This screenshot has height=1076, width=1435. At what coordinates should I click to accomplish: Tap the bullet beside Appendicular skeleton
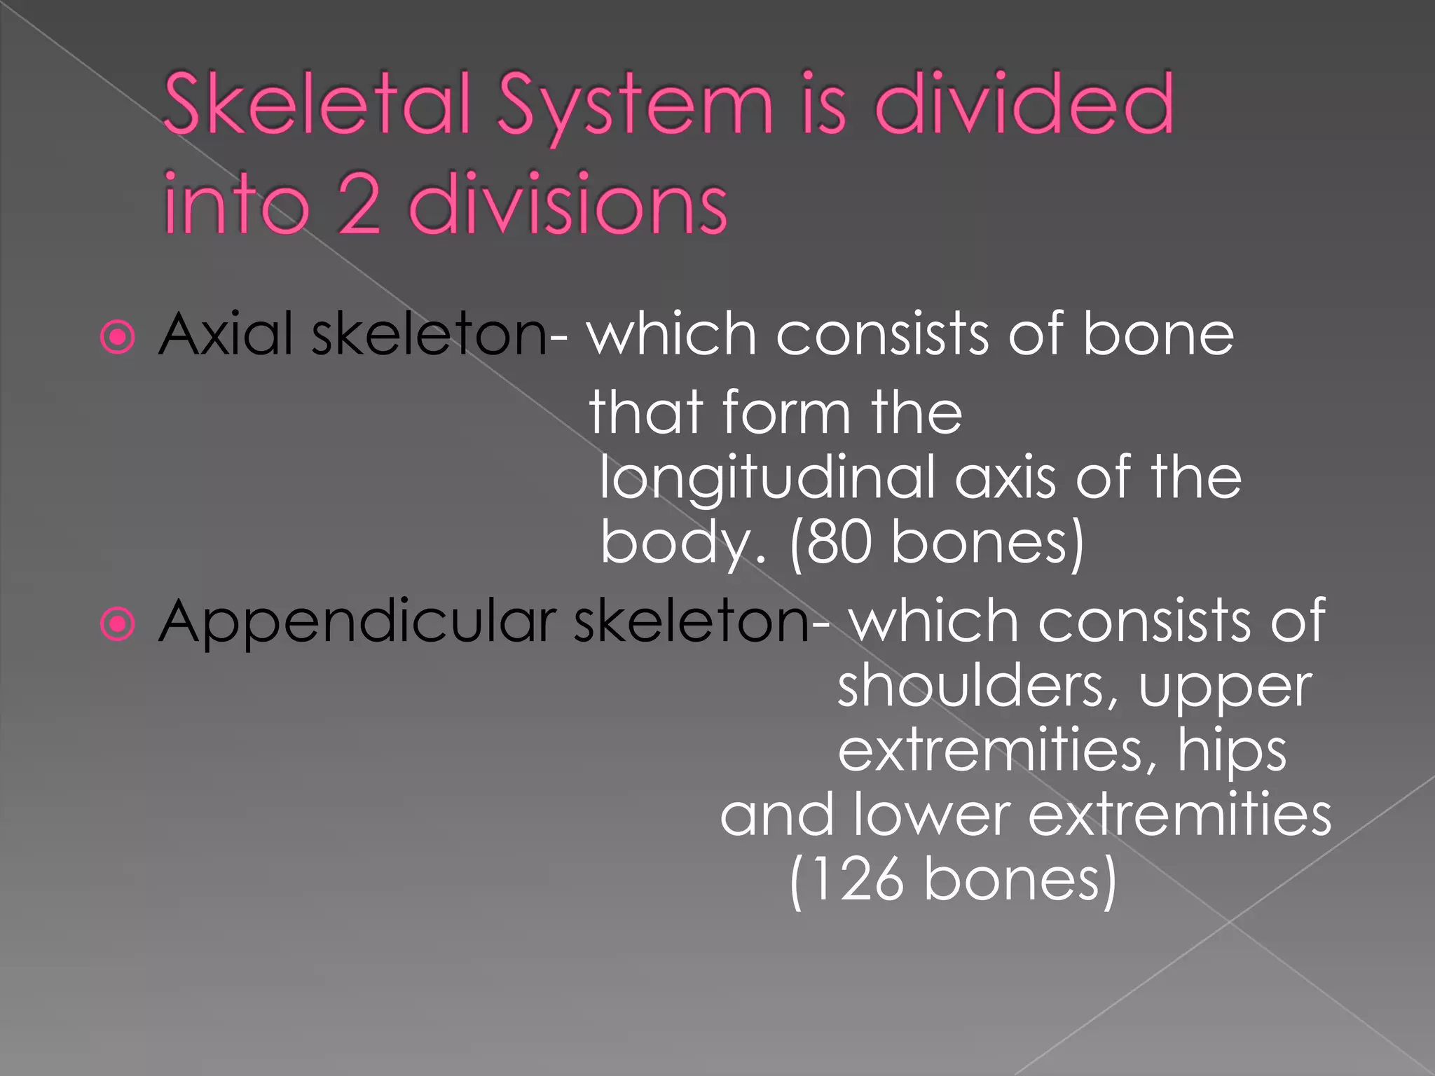[x=118, y=623]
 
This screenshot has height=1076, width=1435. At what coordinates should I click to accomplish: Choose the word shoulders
[x=977, y=686]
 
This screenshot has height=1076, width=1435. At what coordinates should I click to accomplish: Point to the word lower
[x=932, y=815]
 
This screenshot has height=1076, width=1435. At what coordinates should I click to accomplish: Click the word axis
[x=1005, y=478]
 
